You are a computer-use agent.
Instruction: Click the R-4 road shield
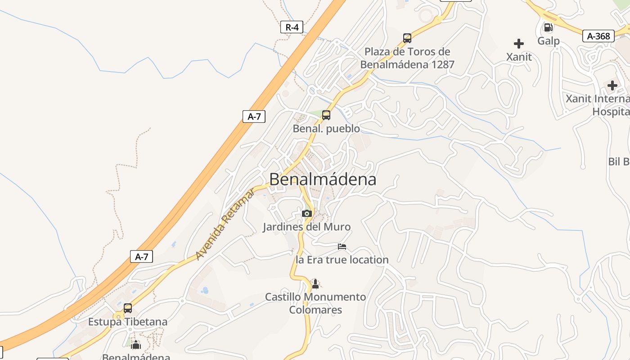[292, 27]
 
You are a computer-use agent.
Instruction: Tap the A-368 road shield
[598, 36]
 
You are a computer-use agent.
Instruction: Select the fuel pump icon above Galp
[548, 27]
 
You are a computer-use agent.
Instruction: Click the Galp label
[549, 41]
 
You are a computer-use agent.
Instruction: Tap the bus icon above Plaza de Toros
[407, 38]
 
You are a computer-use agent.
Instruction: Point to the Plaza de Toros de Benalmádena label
[407, 58]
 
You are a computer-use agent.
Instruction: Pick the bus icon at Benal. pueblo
[326, 115]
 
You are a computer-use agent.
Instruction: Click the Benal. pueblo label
[326, 129]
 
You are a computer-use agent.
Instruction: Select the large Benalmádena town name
[323, 180]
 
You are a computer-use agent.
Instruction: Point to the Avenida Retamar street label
[225, 224]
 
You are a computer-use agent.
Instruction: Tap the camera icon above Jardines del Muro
[307, 213]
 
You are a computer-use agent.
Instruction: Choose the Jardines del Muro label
[306, 227]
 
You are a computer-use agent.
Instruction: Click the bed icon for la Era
[342, 247]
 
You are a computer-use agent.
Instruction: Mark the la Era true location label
[342, 260]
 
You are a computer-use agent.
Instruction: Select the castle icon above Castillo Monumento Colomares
[315, 284]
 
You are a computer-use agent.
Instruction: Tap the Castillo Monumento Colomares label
[315, 303]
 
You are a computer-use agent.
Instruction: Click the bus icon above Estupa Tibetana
[128, 308]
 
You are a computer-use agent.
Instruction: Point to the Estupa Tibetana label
[128, 322]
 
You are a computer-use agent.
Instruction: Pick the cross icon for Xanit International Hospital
[612, 85]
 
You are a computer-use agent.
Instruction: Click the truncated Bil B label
[619, 162]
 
